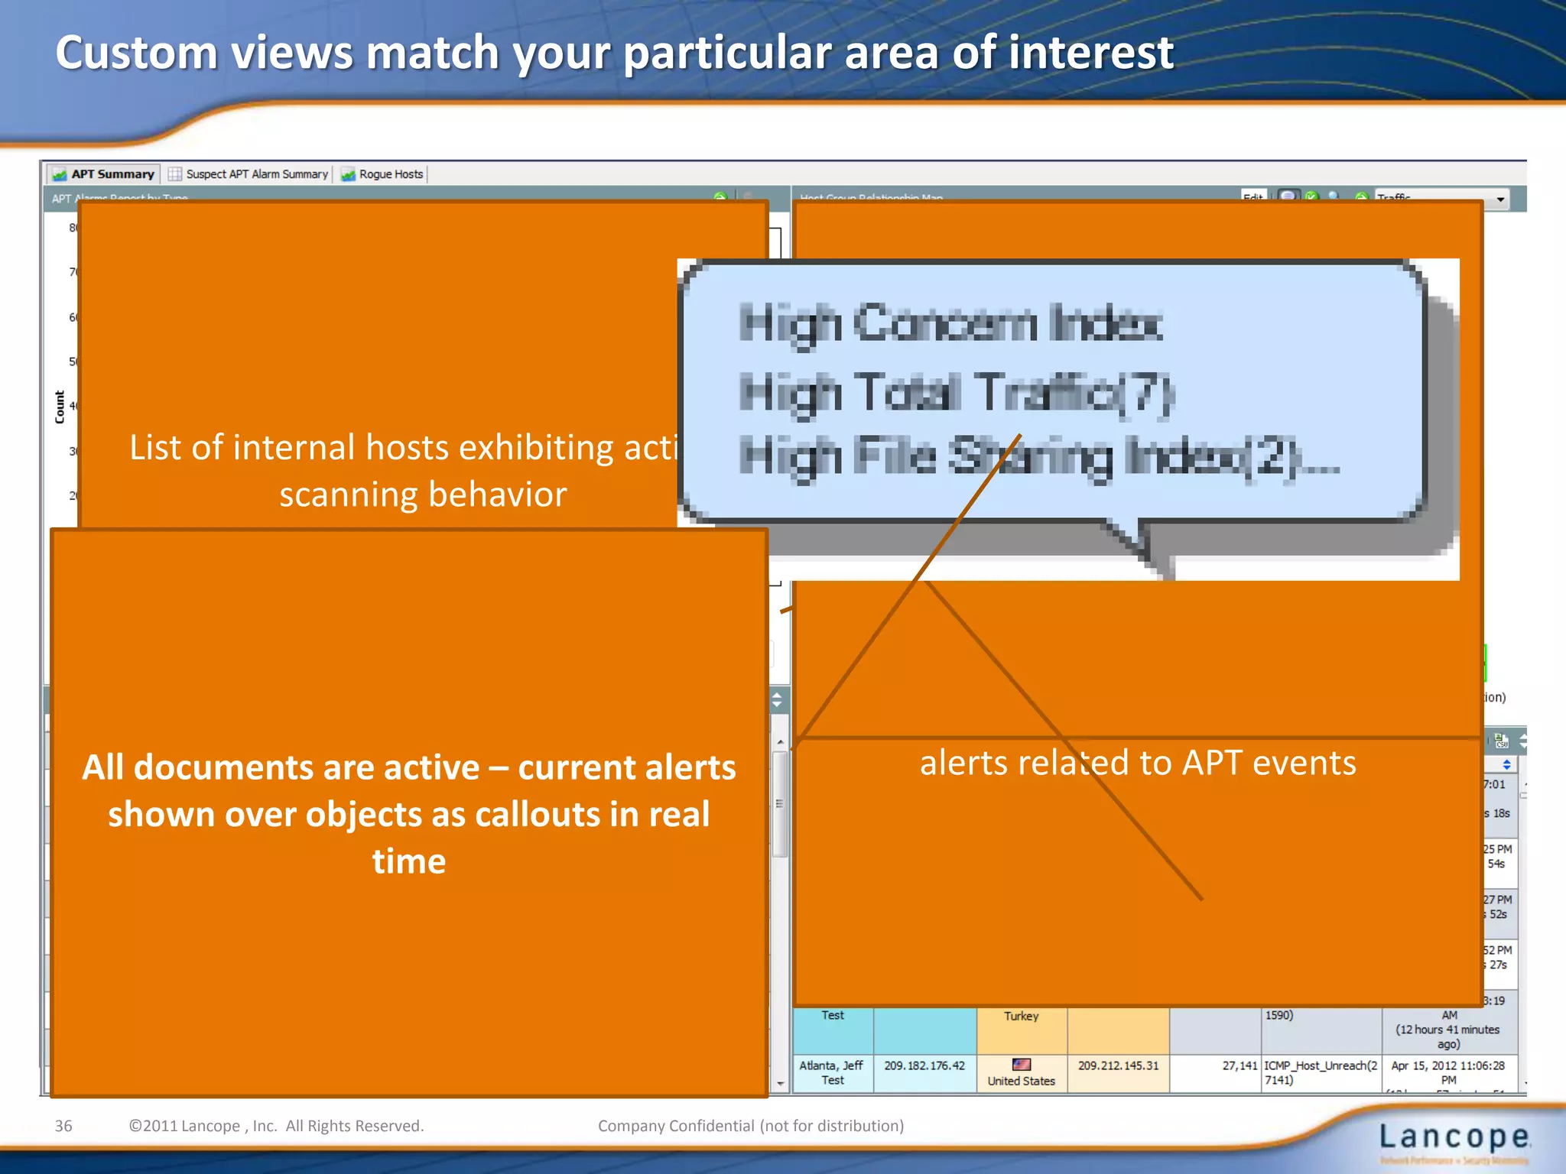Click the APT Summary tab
[x=103, y=174]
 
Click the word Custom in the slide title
[x=136, y=54]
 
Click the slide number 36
[x=63, y=1126]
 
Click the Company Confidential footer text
[x=750, y=1126]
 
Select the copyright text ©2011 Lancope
[x=275, y=1126]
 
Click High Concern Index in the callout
[x=950, y=323]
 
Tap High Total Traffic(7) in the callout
[x=956, y=393]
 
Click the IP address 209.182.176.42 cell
[x=924, y=1065]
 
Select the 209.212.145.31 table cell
[x=1118, y=1065]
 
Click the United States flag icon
[x=1021, y=1064]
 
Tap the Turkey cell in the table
[x=1021, y=1017]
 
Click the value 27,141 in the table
[x=1239, y=1065]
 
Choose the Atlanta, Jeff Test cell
[x=832, y=1072]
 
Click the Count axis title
[x=60, y=407]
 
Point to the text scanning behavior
[x=423, y=495]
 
